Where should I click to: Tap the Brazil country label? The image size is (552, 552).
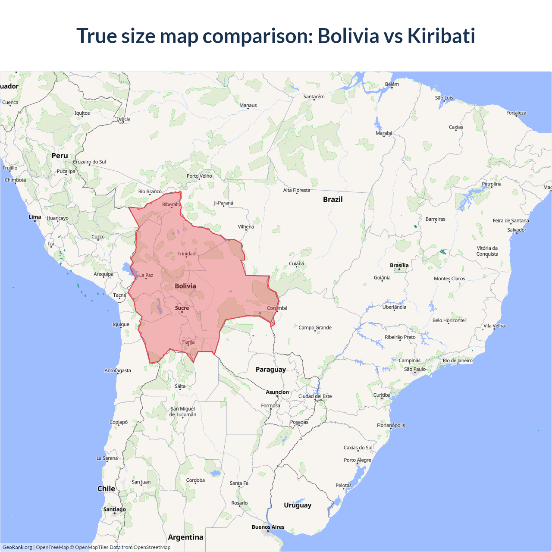pos(332,199)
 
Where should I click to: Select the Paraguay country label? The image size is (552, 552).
pos(270,370)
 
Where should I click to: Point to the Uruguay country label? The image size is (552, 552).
pos(297,505)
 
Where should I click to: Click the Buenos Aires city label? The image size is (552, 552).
pos(268,527)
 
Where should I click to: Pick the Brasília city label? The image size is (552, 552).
pos(399,265)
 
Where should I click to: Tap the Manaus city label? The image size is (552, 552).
pos(248,105)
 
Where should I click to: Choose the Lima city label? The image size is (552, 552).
pos(35,217)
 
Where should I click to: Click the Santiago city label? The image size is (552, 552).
pos(114,509)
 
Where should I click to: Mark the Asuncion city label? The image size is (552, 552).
pos(277,392)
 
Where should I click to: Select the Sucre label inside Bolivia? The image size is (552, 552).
pos(182,308)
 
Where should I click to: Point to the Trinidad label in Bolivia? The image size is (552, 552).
pos(186,254)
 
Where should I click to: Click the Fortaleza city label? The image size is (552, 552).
pos(516,113)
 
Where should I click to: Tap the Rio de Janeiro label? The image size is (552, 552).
pos(458,361)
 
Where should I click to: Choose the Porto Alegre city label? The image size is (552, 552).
pos(357,460)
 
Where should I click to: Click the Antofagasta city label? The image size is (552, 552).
pos(117,370)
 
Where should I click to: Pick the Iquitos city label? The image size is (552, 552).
pos(82,113)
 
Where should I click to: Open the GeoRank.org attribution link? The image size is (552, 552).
pos(17,547)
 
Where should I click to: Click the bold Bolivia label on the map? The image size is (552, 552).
pos(185,286)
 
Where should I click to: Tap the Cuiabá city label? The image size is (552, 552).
pos(296,263)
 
